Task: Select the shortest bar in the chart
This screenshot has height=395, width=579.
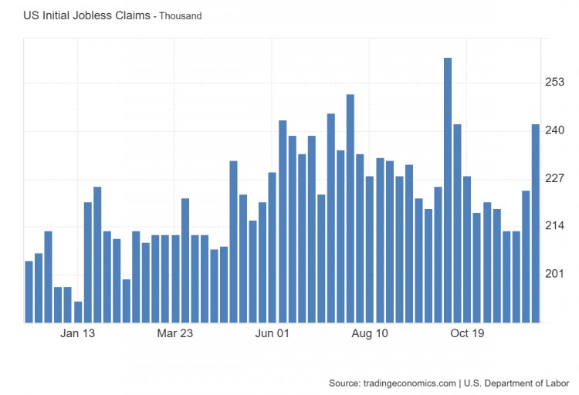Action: pyautogui.click(x=78, y=312)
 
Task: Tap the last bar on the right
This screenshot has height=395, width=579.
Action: pyautogui.click(x=535, y=223)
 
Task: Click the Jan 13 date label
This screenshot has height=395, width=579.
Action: pyautogui.click(x=78, y=334)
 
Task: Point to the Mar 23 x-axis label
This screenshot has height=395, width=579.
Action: pyautogui.click(x=174, y=334)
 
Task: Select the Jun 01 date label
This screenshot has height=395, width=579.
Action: pyautogui.click(x=272, y=334)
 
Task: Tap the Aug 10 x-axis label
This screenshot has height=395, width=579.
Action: pyautogui.click(x=370, y=334)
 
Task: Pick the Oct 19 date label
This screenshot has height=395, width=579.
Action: pyautogui.click(x=467, y=334)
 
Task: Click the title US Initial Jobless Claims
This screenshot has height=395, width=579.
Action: pyautogui.click(x=86, y=15)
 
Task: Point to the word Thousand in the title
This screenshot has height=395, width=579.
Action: pyautogui.click(x=180, y=16)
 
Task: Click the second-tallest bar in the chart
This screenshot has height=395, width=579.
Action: pyautogui.click(x=350, y=208)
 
